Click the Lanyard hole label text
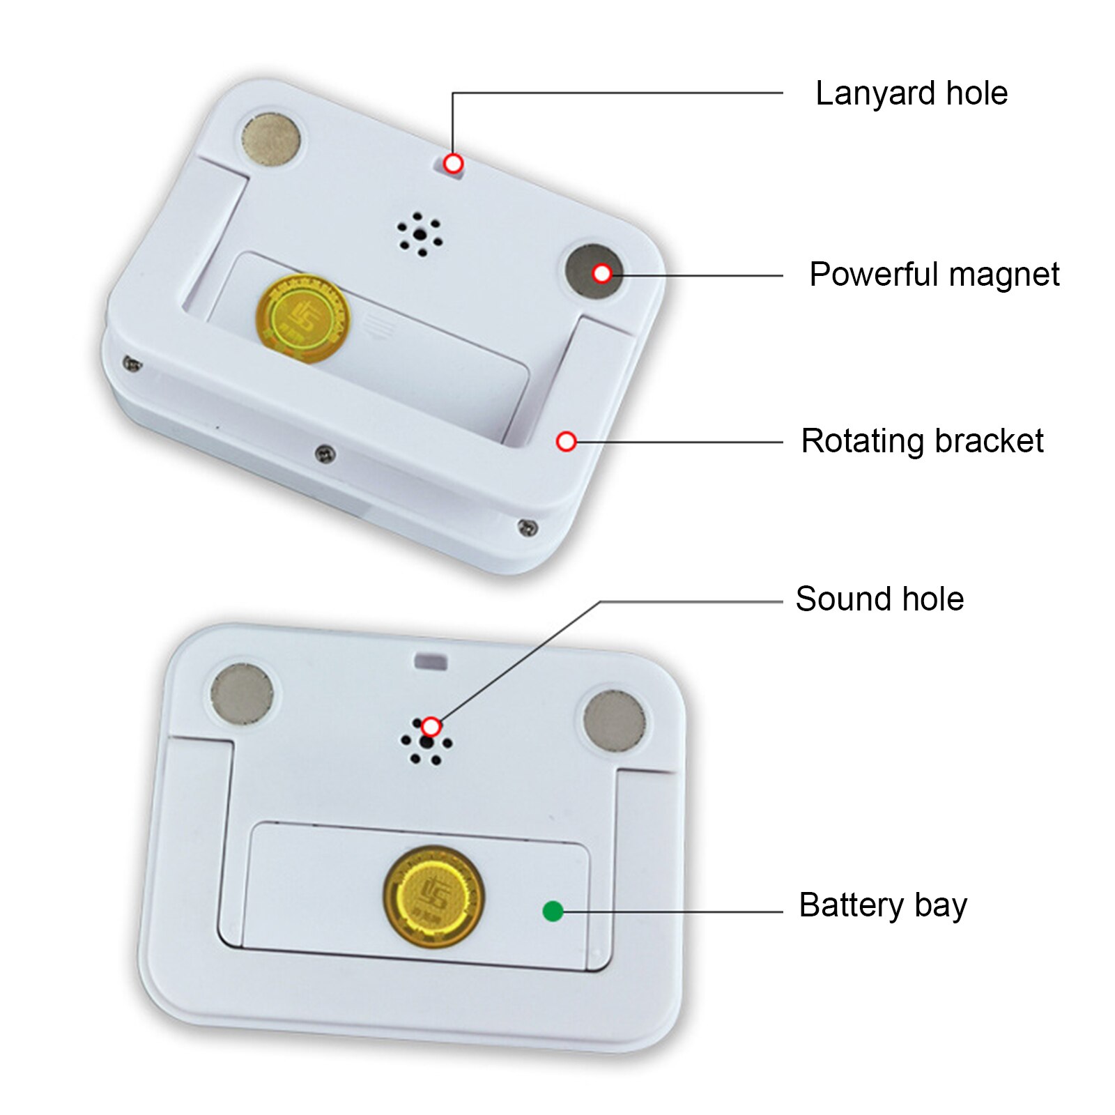pyautogui.click(x=911, y=93)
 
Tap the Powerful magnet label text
pyautogui.click(x=934, y=275)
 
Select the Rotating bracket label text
pyautogui.click(x=921, y=441)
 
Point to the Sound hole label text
pyautogui.click(x=879, y=599)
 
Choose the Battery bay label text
pyautogui.click(x=882, y=905)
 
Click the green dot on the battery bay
pyautogui.click(x=553, y=911)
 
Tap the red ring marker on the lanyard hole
pyautogui.click(x=453, y=164)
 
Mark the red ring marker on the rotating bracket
pyautogui.click(x=567, y=441)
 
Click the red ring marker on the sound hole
pyautogui.click(x=431, y=728)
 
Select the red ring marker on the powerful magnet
pyautogui.click(x=602, y=274)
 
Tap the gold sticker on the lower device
pyautogui.click(x=433, y=895)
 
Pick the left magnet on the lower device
pyautogui.click(x=242, y=693)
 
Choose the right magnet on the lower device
pyautogui.click(x=614, y=721)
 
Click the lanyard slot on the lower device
pyautogui.click(x=431, y=661)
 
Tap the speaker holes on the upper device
pyautogui.click(x=420, y=234)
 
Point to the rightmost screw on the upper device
pyautogui.click(x=528, y=527)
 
